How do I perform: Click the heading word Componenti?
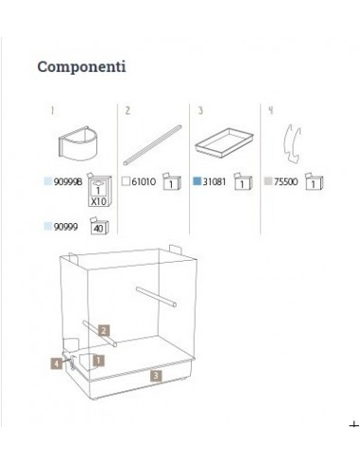(x=81, y=67)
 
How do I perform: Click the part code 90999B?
(x=68, y=182)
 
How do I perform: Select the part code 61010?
(x=144, y=181)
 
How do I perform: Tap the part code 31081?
(x=214, y=181)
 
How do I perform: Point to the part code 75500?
(x=285, y=181)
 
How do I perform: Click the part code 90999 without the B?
(x=65, y=227)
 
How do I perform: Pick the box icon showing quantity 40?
(x=99, y=226)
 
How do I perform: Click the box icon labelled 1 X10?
(x=99, y=190)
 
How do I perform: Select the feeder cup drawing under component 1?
(x=78, y=144)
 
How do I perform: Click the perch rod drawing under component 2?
(x=152, y=146)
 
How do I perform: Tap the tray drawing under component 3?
(x=224, y=142)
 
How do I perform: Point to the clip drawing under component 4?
(x=292, y=144)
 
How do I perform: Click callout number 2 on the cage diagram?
(x=104, y=331)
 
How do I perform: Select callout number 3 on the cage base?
(x=156, y=376)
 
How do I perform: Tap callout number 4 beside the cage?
(x=57, y=364)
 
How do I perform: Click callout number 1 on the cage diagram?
(x=98, y=360)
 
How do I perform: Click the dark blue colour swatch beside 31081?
(x=197, y=181)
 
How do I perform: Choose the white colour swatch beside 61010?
(x=126, y=181)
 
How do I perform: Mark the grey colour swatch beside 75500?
(x=268, y=181)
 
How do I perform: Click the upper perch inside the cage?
(x=156, y=297)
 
